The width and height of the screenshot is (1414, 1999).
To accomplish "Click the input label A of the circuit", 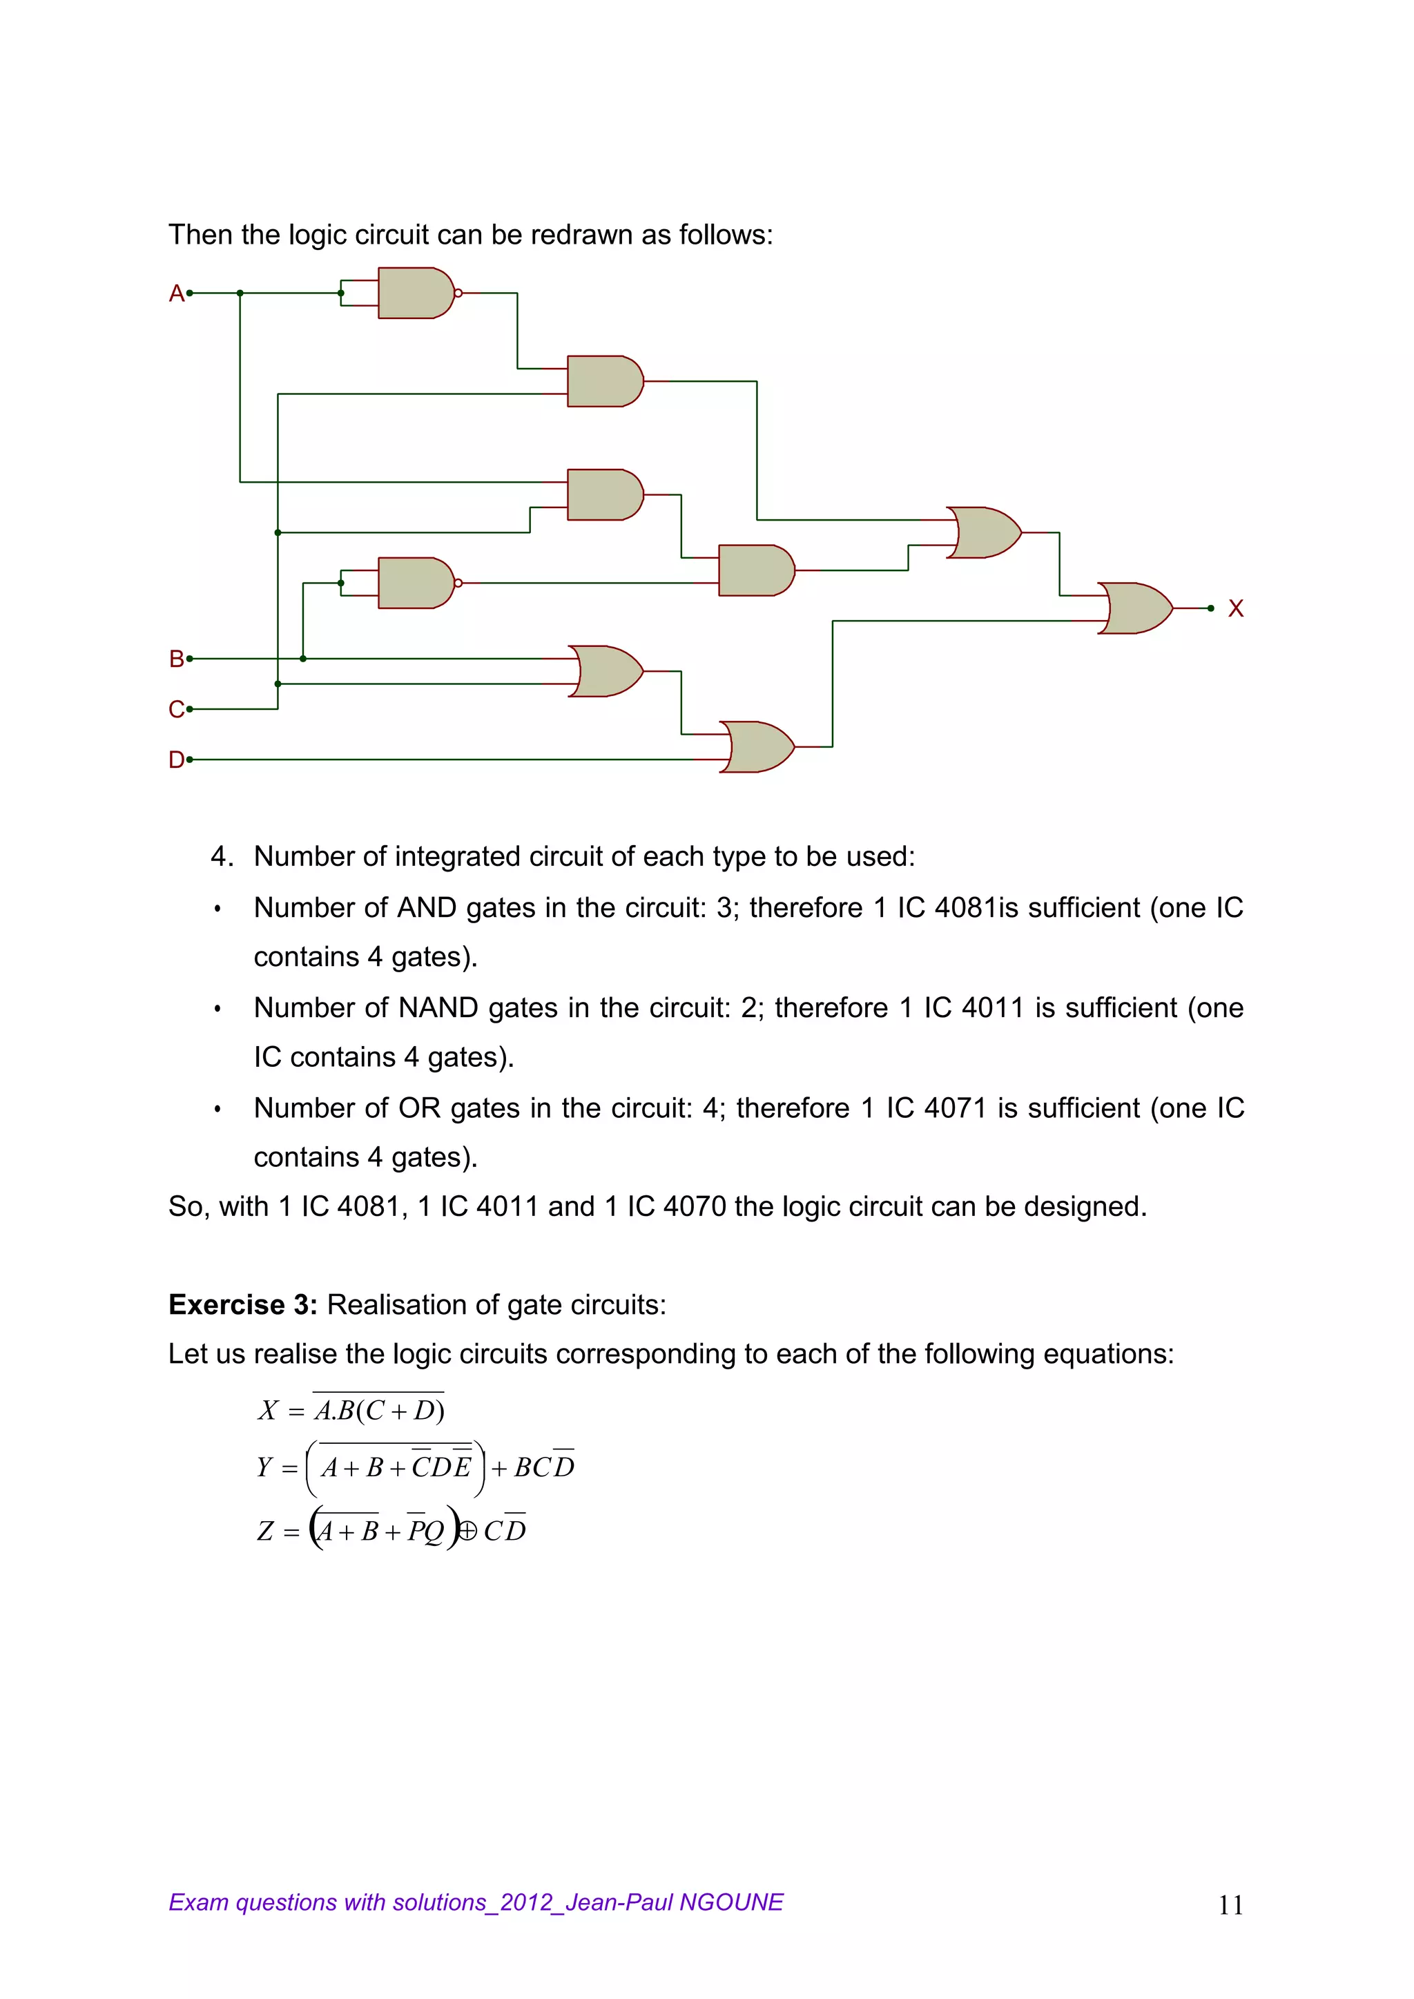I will click(176, 293).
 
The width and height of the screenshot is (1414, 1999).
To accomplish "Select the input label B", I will click(176, 659).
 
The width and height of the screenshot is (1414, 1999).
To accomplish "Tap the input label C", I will click(176, 710).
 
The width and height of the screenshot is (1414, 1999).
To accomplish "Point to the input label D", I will click(176, 760).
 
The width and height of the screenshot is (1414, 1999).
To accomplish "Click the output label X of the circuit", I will click(1235, 608).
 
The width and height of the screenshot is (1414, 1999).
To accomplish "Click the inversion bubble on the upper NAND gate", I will click(458, 293).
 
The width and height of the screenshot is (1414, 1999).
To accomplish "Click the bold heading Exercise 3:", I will click(243, 1305).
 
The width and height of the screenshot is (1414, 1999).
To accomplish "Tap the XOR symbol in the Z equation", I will click(467, 1531).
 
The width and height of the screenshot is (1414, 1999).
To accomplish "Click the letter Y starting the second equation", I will click(264, 1468).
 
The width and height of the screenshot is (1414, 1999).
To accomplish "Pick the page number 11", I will click(1230, 1905).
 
